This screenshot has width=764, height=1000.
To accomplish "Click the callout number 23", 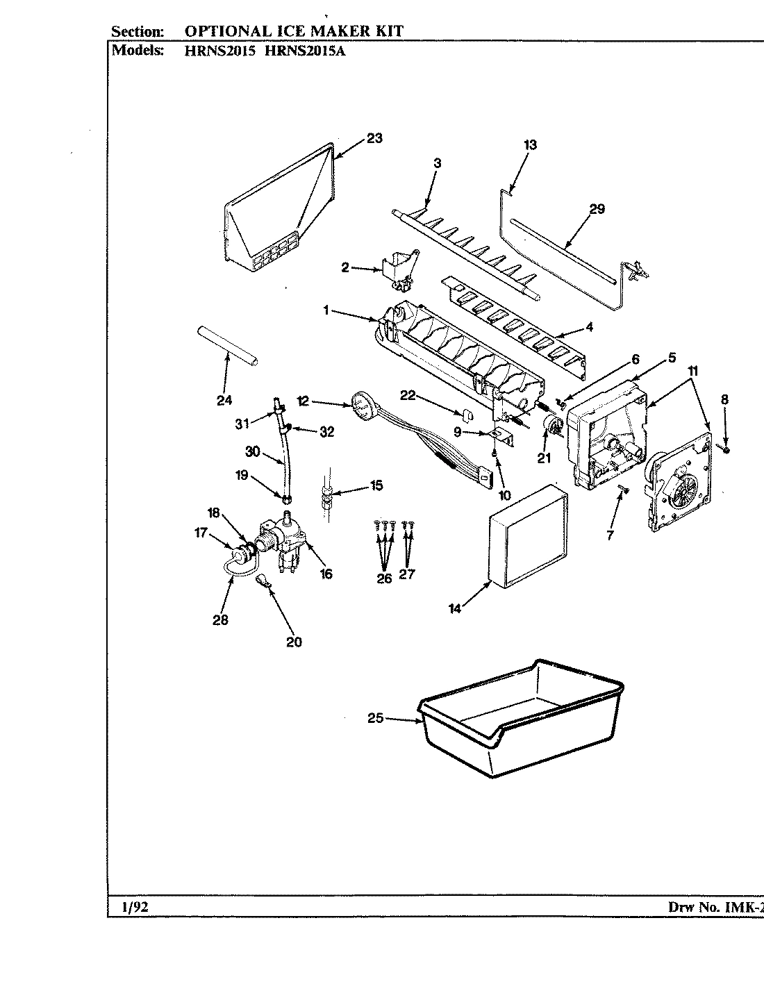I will [x=374, y=138].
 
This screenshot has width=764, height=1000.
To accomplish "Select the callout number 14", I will [x=454, y=609].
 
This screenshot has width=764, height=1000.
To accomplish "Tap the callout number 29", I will [x=597, y=208].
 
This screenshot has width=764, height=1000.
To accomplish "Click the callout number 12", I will [x=303, y=401].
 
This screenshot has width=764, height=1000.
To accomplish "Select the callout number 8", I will [x=724, y=399].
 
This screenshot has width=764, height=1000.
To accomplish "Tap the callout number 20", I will [x=294, y=642].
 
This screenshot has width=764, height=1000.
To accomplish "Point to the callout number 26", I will [x=384, y=578].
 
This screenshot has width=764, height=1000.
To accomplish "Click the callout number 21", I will [x=545, y=458].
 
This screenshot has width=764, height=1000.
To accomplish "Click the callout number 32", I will [x=326, y=432].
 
